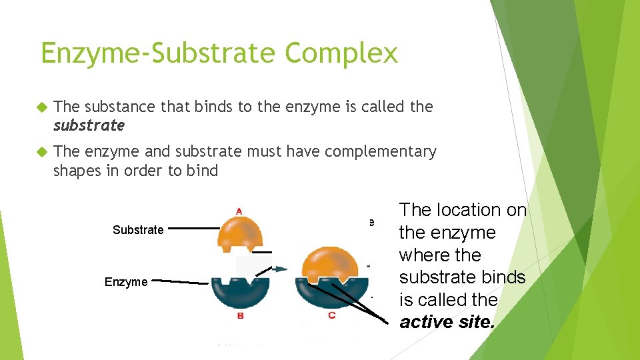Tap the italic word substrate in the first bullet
[89, 125]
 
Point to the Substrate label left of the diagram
[138, 230]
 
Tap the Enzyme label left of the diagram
[126, 282]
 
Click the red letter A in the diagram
[239, 211]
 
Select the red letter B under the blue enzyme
[239, 315]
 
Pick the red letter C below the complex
[331, 315]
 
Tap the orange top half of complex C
[331, 262]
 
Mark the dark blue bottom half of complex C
[331, 293]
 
